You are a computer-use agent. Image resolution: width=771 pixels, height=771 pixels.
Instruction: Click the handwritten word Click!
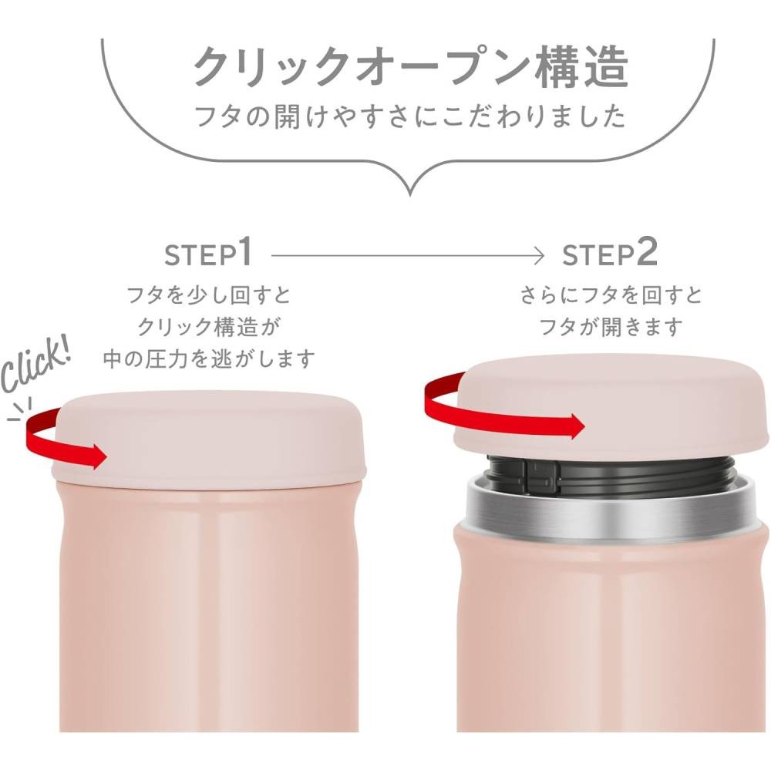click(35, 363)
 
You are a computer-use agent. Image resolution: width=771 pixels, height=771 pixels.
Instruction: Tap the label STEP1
click(208, 252)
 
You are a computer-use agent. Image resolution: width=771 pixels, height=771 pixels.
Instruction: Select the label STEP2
click(609, 252)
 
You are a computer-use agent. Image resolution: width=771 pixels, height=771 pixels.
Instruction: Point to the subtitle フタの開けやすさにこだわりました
click(410, 116)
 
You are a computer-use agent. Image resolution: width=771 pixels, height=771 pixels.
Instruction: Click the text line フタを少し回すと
click(209, 295)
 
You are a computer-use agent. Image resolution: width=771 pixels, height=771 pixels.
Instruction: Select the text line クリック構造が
click(208, 326)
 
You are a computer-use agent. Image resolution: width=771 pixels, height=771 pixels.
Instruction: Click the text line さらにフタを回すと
click(611, 295)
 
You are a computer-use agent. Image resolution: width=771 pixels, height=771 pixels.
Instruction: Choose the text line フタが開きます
click(611, 326)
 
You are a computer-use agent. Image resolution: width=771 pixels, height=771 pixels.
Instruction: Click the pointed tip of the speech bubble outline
click(410, 195)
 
